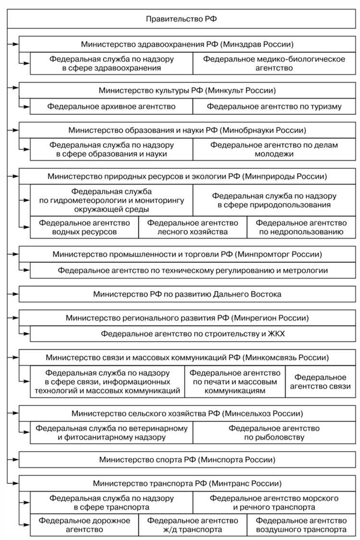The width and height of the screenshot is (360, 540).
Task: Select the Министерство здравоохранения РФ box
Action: pos(187,44)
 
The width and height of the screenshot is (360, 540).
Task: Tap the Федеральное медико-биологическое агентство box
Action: pos(274,63)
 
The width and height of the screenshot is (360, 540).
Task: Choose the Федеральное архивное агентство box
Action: pos(111,106)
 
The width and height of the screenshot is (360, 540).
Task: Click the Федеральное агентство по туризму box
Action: pos(274,106)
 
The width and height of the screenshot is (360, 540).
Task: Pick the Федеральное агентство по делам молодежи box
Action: pos(274,149)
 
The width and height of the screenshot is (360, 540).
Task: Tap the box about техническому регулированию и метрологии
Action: pos(193,270)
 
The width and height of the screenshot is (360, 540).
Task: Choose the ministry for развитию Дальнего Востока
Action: pos(187,294)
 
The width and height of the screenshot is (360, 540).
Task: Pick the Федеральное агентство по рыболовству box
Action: pos(274,432)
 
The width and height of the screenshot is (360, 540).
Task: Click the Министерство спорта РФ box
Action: pos(187,459)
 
